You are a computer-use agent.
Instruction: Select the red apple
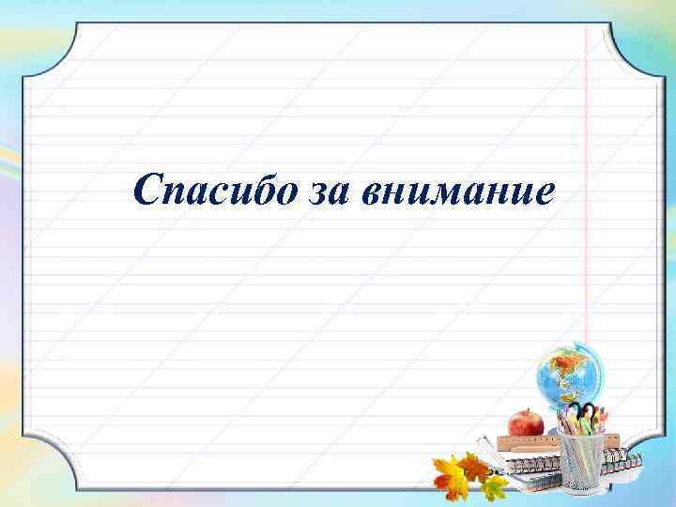(x=525, y=423)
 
